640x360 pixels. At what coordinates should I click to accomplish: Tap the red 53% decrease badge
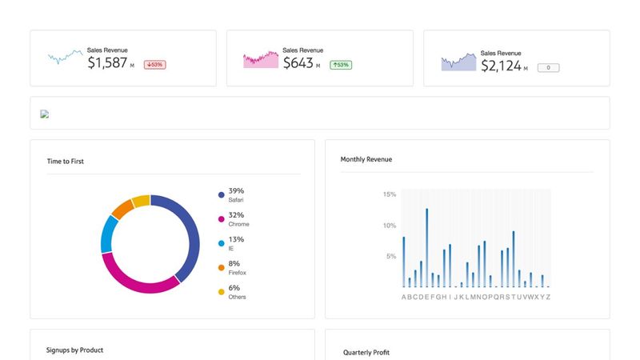point(154,65)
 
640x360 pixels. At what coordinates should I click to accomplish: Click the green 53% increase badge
point(341,65)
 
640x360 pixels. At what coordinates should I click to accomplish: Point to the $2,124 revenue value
point(501,66)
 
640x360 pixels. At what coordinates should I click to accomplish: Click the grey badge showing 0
point(548,68)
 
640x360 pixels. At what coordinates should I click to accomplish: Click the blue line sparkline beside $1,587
point(65,58)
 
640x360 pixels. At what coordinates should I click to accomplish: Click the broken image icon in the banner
point(45,114)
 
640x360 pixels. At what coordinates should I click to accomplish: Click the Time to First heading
point(66,162)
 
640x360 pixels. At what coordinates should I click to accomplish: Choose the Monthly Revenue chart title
point(366,159)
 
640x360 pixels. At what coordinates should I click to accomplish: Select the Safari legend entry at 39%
point(235,194)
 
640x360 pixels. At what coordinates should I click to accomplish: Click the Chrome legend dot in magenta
point(221,219)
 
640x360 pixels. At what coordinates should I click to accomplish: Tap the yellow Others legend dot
point(221,292)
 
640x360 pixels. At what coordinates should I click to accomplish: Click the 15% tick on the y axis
point(390,194)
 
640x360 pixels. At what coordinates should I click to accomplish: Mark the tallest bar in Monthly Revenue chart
point(426,247)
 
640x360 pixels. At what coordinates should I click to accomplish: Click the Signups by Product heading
point(74,350)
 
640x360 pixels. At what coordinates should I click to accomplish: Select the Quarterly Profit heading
point(366,352)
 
